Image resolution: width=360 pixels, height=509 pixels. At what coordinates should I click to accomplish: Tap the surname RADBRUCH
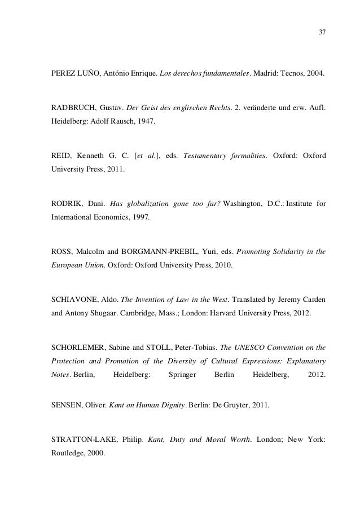click(68, 107)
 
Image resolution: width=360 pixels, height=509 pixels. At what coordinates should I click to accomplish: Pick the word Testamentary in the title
click(205, 155)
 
